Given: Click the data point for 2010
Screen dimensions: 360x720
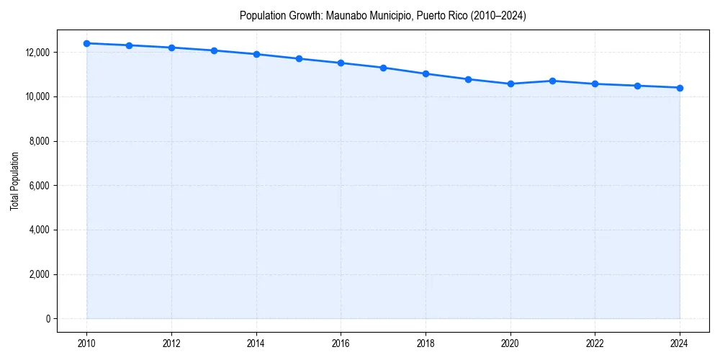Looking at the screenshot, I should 86,43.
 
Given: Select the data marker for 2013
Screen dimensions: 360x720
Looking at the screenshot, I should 214,50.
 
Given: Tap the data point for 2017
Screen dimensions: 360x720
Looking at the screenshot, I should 383,68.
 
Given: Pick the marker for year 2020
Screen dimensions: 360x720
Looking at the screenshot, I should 510,84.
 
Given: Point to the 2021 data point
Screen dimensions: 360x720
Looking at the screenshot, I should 552,81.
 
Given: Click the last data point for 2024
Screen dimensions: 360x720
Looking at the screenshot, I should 680,88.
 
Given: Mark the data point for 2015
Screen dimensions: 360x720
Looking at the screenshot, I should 299,58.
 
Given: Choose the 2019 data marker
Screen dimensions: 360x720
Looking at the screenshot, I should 468,79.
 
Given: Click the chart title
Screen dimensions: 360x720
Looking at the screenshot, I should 383,16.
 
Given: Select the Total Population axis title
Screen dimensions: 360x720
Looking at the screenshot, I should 14,181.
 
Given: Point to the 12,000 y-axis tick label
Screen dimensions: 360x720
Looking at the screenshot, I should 36,53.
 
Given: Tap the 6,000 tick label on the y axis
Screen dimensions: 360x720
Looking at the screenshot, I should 38,186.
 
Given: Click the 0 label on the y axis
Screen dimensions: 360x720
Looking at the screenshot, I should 47,319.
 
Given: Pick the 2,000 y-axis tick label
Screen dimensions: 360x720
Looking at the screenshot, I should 38,274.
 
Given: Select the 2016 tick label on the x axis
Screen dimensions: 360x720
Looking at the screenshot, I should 341,343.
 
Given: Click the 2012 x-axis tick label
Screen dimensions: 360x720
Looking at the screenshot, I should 171,343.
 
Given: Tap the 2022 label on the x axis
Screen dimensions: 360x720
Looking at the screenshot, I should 595,343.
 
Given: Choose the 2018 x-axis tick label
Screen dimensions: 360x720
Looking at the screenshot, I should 426,343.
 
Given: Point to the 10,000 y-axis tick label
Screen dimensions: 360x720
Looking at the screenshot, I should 36,96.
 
